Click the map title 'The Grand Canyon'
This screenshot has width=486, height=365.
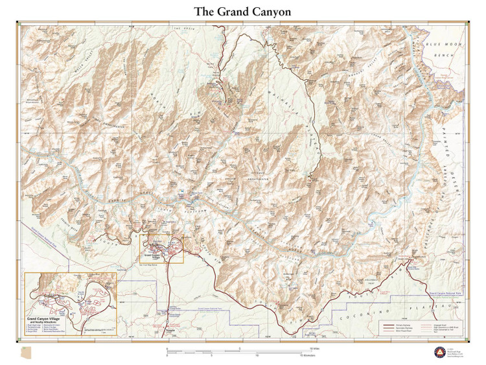click(243, 12)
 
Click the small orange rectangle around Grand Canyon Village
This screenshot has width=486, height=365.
click(162, 248)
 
